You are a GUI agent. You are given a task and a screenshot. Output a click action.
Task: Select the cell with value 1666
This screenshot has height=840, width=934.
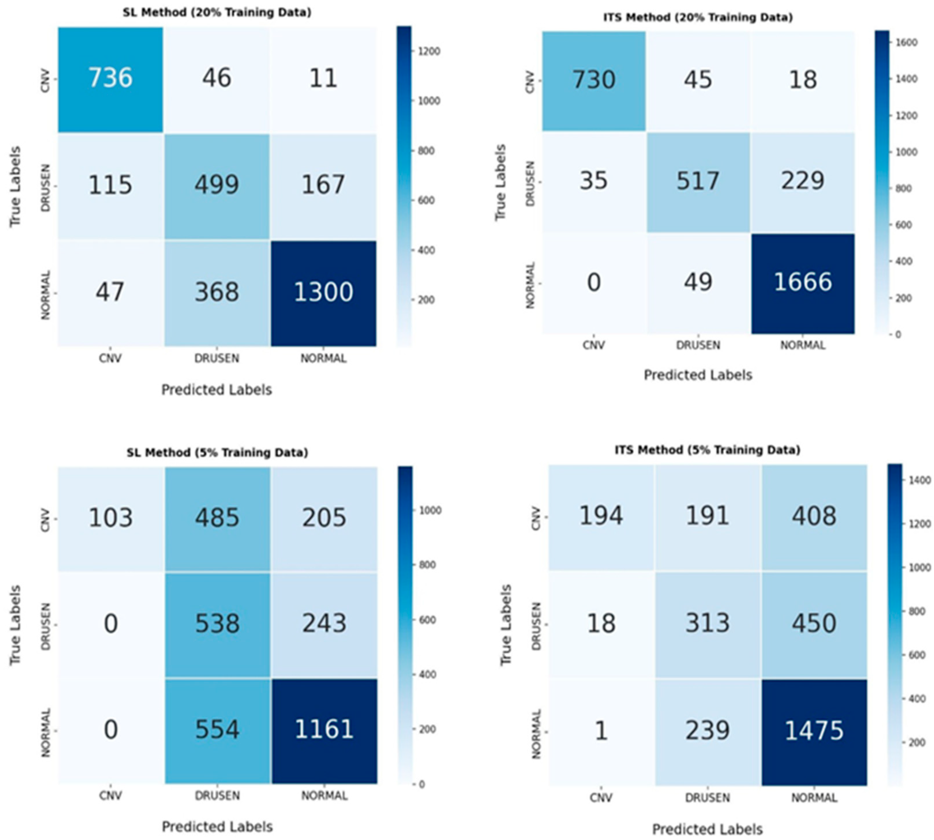pyautogui.click(x=802, y=282)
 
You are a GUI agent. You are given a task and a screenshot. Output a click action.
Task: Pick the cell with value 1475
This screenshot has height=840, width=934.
pyautogui.click(x=814, y=730)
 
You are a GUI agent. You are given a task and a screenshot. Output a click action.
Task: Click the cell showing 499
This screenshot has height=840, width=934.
pyautogui.click(x=217, y=185)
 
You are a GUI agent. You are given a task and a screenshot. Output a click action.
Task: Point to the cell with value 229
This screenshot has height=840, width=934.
pyautogui.click(x=802, y=180)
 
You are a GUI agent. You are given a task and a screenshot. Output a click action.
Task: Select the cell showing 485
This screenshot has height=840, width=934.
pyautogui.click(x=217, y=517)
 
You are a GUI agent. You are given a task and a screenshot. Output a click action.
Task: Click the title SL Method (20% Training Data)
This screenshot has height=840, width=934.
pyautogui.click(x=217, y=12)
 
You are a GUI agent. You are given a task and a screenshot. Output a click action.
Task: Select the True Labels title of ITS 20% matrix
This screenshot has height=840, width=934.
pyautogui.click(x=500, y=182)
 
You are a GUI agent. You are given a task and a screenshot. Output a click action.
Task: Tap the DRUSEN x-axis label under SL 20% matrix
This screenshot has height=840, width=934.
pyautogui.click(x=217, y=358)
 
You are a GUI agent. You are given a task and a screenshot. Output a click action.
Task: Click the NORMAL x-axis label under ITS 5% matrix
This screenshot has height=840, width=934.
pyautogui.click(x=814, y=798)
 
